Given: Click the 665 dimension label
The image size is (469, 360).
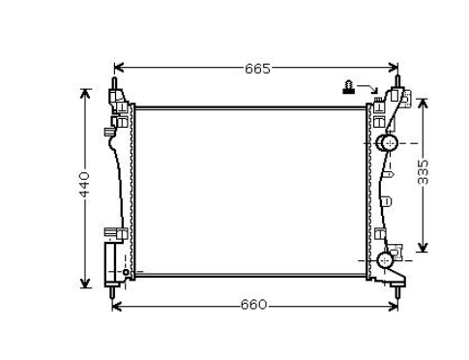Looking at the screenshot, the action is (x=257, y=69).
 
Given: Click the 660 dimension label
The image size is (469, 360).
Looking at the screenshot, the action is (x=254, y=305).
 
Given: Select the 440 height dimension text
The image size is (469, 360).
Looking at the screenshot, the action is (x=85, y=185).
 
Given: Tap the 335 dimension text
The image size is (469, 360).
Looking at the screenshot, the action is (x=423, y=172).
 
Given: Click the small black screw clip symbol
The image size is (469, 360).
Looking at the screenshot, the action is (x=348, y=87).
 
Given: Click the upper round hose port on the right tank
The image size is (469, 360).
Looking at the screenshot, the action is (x=390, y=143).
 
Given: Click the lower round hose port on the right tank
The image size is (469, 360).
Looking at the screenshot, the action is (x=385, y=260).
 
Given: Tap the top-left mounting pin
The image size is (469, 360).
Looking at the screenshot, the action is (x=114, y=82).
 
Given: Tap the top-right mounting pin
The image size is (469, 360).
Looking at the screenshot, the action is (x=397, y=81).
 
